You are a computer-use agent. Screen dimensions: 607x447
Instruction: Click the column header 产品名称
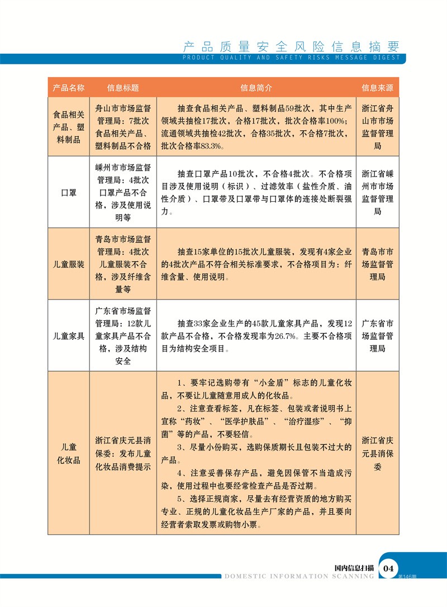(x=68, y=88)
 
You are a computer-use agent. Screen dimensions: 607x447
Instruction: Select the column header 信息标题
(x=123, y=88)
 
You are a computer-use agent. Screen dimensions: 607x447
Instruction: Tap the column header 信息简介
(x=256, y=88)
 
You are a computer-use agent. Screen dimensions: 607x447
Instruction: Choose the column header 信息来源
(x=378, y=88)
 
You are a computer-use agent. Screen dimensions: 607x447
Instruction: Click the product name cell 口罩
(x=68, y=192)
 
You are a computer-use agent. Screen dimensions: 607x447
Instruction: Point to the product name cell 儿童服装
(x=68, y=264)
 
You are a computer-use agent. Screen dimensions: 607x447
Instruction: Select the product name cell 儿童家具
(x=68, y=336)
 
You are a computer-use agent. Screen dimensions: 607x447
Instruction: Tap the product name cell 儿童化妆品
(x=68, y=453)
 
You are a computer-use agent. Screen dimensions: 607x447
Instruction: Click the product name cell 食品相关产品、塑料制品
(x=68, y=126)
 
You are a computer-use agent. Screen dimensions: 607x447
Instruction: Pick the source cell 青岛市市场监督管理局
(x=378, y=264)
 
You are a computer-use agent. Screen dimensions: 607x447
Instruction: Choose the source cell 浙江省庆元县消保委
(x=378, y=453)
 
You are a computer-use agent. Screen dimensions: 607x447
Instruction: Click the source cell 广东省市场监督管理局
(x=378, y=336)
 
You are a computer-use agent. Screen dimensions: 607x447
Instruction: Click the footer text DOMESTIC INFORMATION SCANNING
(x=299, y=576)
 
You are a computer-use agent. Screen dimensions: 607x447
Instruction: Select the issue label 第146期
(x=408, y=576)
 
